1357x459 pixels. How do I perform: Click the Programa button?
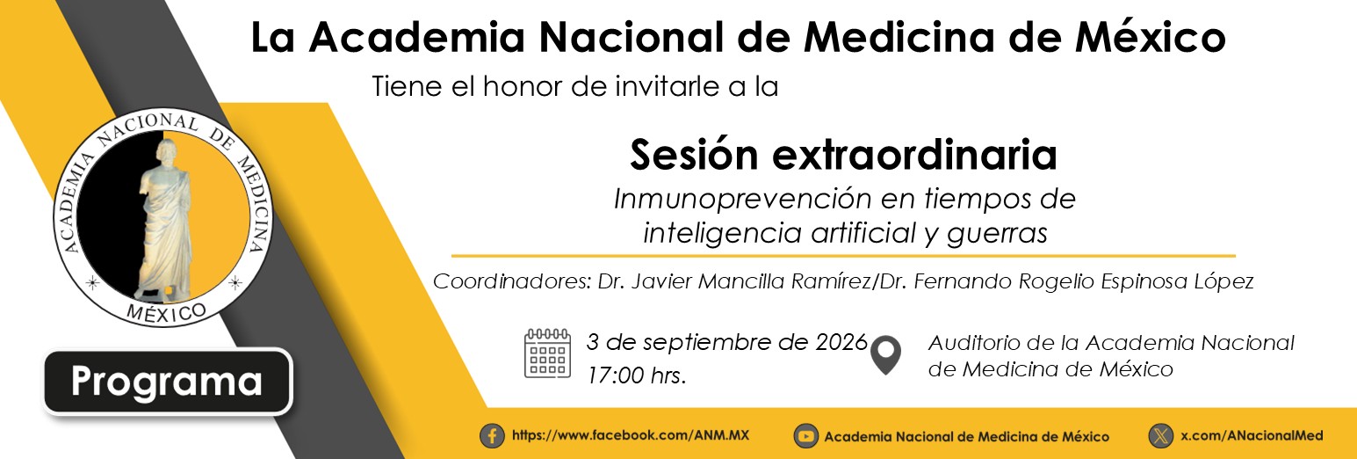click(x=167, y=382)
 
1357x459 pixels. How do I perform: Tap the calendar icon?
click(x=547, y=353)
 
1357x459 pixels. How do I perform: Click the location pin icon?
click(x=885, y=355)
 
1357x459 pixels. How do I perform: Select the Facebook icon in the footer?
click(x=492, y=436)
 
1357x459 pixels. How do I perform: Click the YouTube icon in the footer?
click(x=805, y=436)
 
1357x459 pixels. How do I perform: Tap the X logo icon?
click(x=1161, y=436)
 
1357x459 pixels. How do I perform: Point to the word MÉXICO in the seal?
click(x=166, y=312)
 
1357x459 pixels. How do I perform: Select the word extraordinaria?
click(x=914, y=155)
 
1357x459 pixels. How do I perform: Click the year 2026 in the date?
click(x=841, y=342)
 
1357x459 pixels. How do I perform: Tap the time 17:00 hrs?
click(x=636, y=375)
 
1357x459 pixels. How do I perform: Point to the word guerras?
click(x=997, y=233)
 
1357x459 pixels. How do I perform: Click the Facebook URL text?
click(x=631, y=435)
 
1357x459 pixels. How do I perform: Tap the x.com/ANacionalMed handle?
click(x=1252, y=435)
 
